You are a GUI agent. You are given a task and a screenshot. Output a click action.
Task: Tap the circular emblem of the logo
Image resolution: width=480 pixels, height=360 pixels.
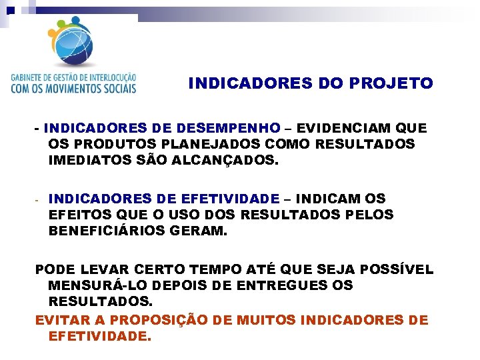pyautogui.click(x=73, y=41)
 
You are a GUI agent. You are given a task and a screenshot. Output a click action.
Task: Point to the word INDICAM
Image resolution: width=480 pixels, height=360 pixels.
pyautogui.click(x=327, y=199)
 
